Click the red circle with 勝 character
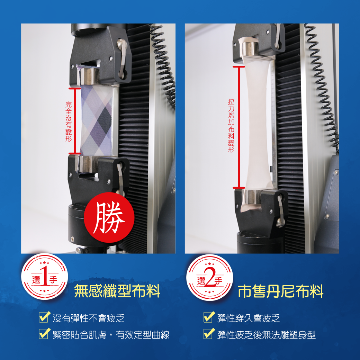coord(109,217)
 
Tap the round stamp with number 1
coord(45,276)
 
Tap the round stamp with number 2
coord(210,277)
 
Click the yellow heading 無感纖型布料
coord(117,291)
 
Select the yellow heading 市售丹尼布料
coord(281,291)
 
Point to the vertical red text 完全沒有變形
coord(69,122)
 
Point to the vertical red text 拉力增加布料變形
coord(231,126)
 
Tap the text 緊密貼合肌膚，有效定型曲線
coord(111,335)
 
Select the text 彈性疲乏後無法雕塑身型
coord(266,335)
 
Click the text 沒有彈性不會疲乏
coord(89,318)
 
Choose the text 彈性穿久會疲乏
coord(249,318)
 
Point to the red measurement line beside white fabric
coord(239,127)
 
